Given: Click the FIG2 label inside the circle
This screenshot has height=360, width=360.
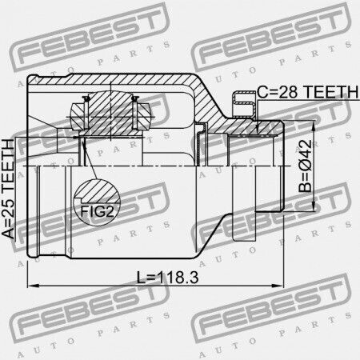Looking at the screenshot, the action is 97,212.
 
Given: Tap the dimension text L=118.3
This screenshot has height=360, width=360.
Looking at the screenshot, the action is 167,278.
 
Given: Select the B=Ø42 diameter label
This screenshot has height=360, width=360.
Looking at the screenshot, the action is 305,166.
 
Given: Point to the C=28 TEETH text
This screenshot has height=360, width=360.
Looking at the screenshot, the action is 308,92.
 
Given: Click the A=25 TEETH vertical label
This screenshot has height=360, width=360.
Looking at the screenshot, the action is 8,189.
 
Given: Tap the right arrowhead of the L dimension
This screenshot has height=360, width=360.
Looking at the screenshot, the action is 278,286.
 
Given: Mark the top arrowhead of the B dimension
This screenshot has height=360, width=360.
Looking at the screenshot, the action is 313,126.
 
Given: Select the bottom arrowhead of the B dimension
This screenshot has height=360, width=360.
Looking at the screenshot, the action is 313,206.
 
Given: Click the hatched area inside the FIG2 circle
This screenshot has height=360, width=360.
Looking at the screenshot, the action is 98,191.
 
